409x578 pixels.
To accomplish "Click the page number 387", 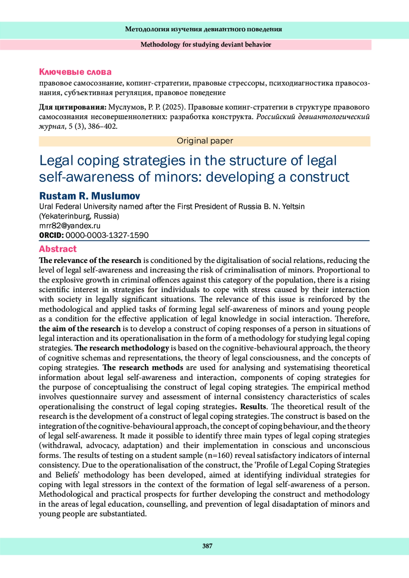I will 207,546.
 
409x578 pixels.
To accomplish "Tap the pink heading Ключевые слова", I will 75,72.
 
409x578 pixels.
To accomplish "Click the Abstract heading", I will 58,249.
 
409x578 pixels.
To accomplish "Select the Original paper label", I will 205,141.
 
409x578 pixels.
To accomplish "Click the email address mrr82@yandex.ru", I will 70,225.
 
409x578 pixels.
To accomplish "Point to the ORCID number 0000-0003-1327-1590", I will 107,235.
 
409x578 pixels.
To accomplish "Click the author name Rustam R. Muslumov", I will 90,196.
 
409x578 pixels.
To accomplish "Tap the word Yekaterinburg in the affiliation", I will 65,216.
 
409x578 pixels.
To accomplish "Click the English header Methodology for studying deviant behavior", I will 206,45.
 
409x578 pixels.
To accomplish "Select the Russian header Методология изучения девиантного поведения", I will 203,29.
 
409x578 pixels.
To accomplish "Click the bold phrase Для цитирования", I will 73,107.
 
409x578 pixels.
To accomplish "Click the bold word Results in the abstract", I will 253,407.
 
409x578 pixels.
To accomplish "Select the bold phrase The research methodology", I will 122,348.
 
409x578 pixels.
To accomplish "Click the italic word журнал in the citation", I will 52,126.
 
